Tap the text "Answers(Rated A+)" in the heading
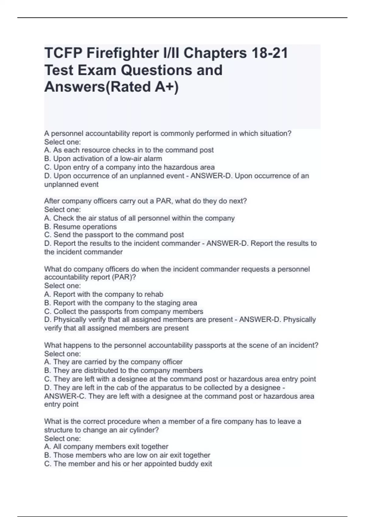click(112, 87)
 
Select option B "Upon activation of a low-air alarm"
click(103, 159)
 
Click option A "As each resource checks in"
click(129, 150)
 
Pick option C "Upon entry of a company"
click(129, 167)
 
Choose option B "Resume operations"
click(81, 227)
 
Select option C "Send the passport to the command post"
click(114, 235)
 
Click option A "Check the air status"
click(139, 218)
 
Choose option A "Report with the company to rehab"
click(104, 294)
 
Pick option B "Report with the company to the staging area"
click(120, 303)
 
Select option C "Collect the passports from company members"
click(124, 312)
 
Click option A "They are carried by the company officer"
click(113, 362)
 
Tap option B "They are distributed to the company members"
click(123, 370)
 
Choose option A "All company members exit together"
click(106, 447)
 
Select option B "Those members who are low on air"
click(127, 455)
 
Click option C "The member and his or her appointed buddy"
click(128, 464)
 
